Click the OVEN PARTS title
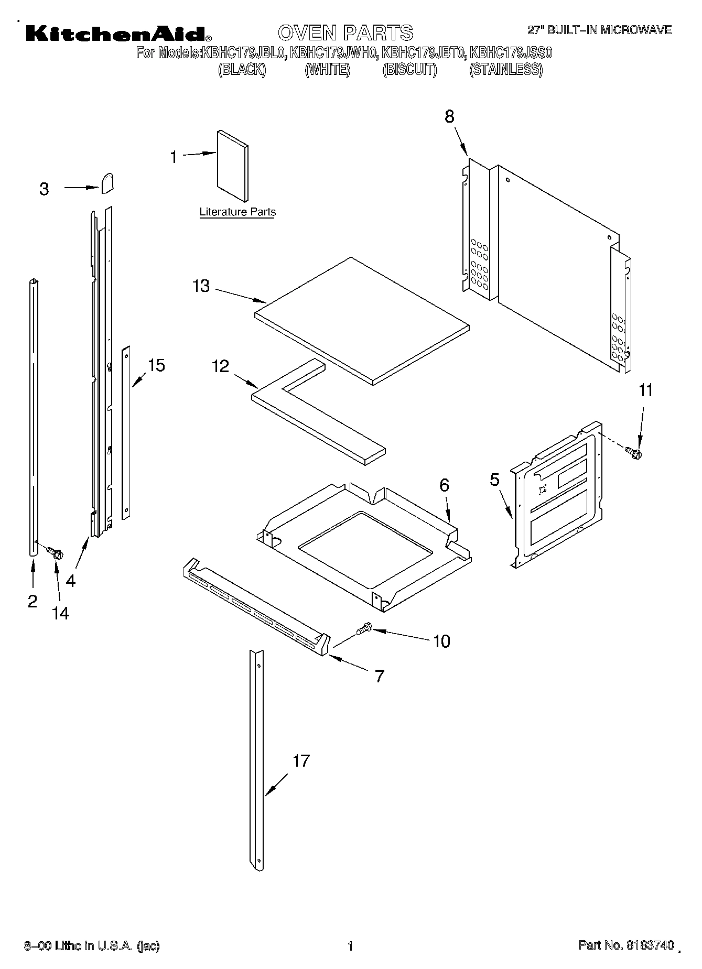coord(345,32)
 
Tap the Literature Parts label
coord(237,212)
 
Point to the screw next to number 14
coord(54,552)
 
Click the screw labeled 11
coord(634,452)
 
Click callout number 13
coord(201,286)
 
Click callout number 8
coord(449,116)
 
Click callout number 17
coord(301,760)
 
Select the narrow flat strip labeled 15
coord(126,432)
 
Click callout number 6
coord(444,485)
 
